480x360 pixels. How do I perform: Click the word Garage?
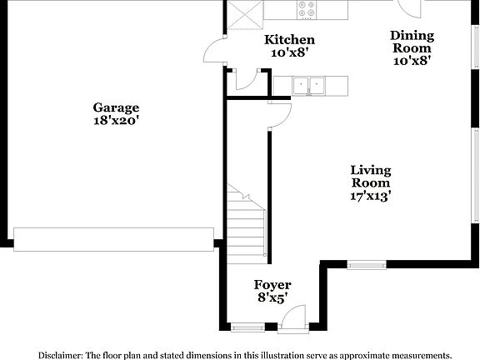(116, 107)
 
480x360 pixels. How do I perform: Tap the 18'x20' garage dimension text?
(116, 120)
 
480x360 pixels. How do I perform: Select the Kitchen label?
(289, 40)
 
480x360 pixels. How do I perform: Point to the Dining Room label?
(412, 42)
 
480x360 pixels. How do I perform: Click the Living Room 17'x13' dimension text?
(370, 197)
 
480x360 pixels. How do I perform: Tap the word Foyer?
(272, 285)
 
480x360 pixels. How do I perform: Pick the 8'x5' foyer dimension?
(272, 297)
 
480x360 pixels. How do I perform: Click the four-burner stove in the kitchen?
(307, 9)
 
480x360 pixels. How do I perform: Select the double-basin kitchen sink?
(309, 84)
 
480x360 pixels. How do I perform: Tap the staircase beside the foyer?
(247, 223)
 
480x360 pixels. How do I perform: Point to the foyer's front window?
(247, 327)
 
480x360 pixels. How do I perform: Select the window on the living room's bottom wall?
(367, 266)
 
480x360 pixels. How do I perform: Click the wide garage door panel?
(113, 238)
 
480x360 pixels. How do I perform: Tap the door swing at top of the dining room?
(410, 7)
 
